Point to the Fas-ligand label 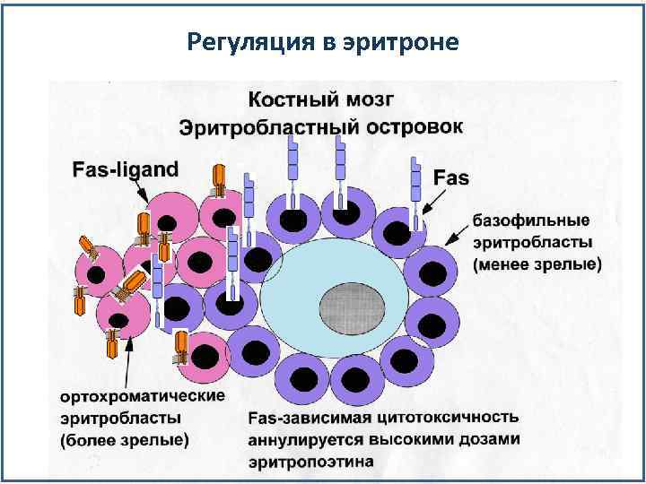[x=126, y=168]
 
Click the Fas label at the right [x=450, y=177]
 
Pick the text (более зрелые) [x=125, y=440]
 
